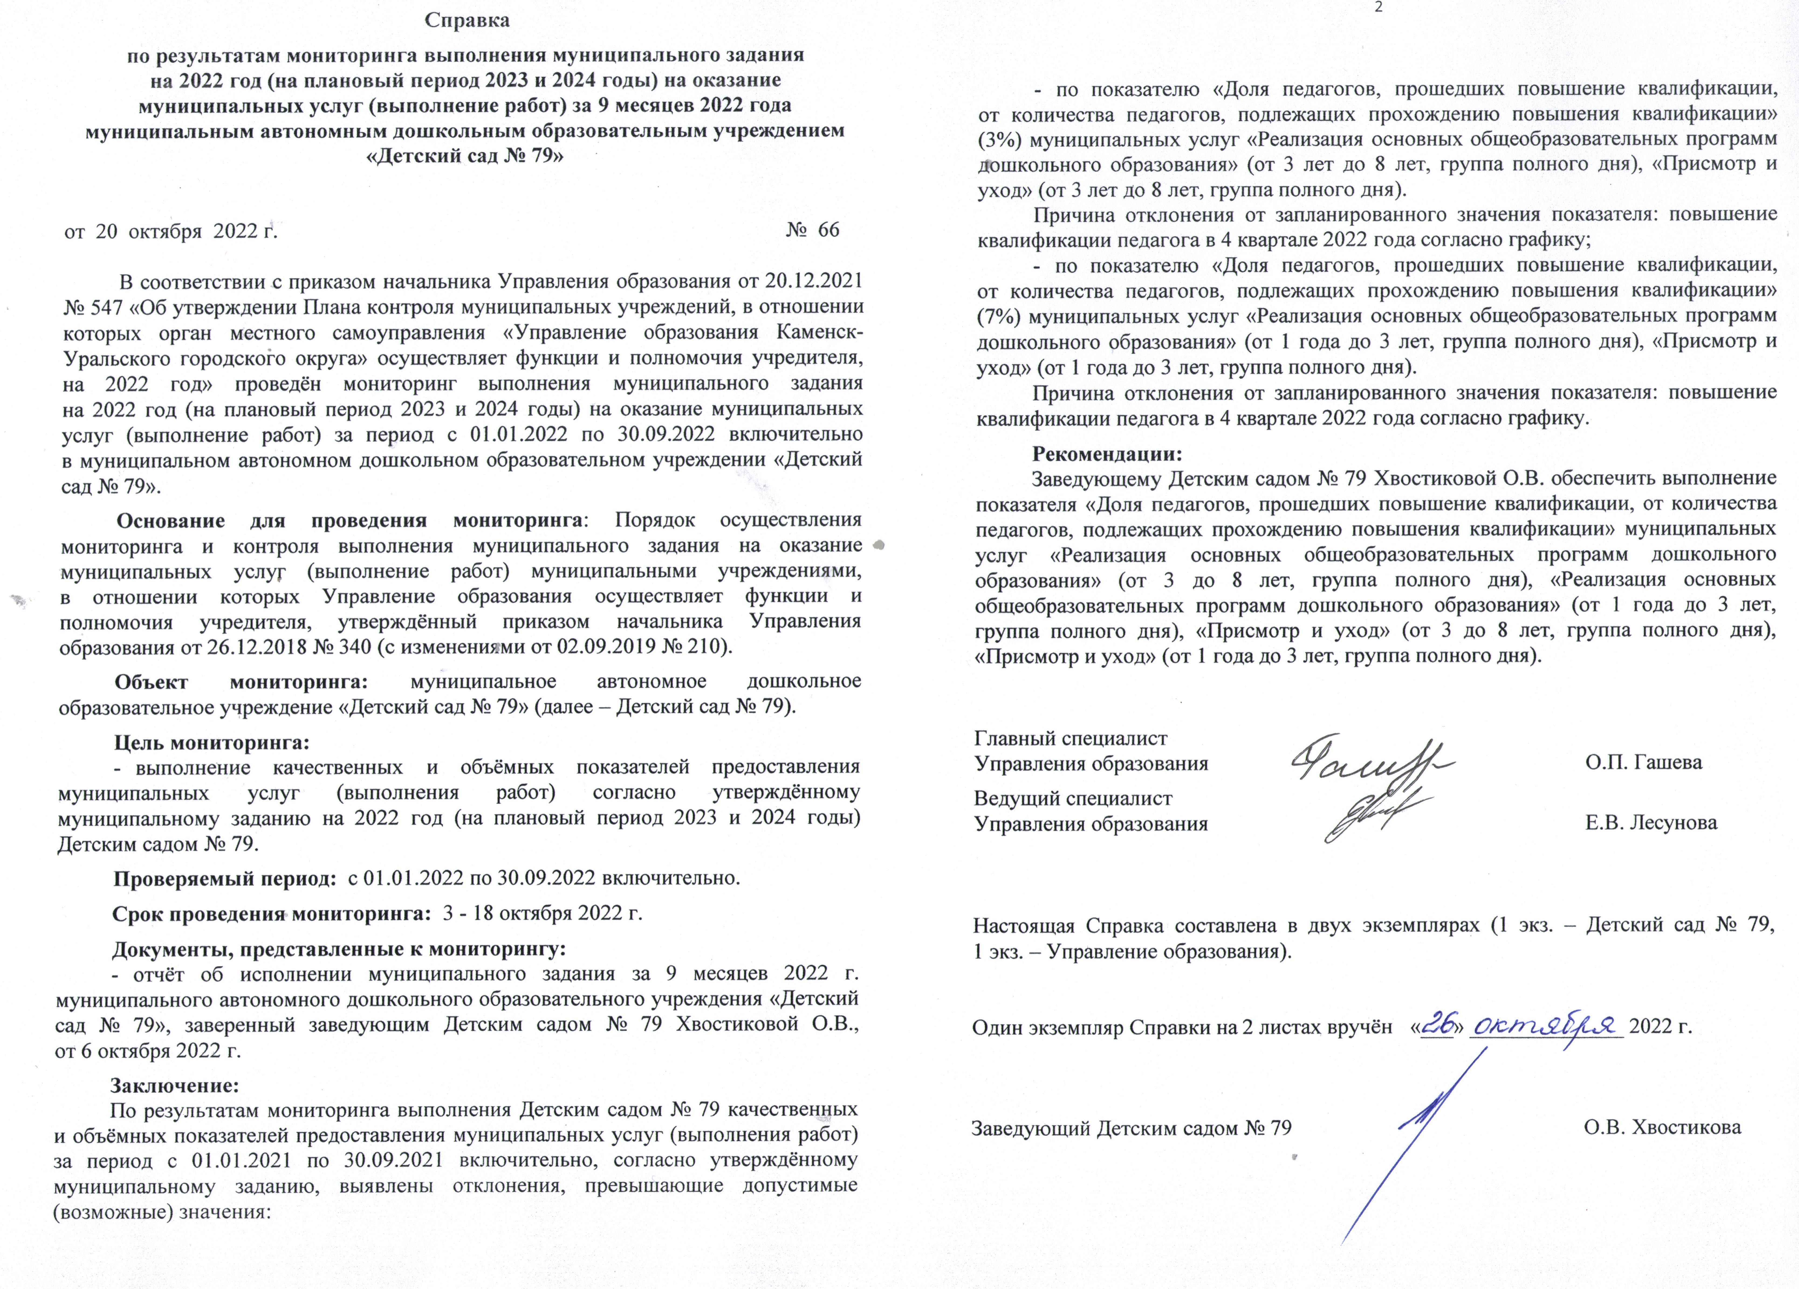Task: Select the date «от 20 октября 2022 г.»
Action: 170,231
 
